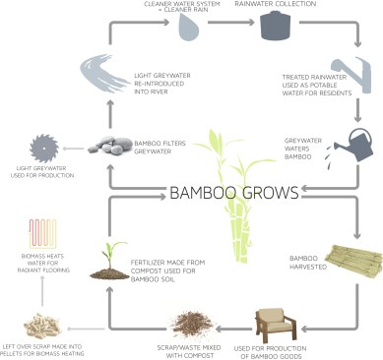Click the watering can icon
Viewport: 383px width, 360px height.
tap(353, 146)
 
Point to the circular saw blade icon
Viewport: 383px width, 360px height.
tap(44, 149)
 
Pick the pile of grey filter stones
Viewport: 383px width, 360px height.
tap(109, 145)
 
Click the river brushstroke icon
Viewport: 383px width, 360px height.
tap(102, 73)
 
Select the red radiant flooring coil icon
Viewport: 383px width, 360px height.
tap(42, 233)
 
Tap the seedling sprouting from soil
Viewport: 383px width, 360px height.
tap(109, 262)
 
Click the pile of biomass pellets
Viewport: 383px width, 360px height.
tap(42, 325)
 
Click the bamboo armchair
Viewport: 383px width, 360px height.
tap(276, 324)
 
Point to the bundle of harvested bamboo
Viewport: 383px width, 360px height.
tap(355, 261)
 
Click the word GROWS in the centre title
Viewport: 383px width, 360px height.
tap(271, 193)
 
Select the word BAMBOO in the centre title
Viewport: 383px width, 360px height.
tap(204, 193)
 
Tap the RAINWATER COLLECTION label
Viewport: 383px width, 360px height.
tap(275, 4)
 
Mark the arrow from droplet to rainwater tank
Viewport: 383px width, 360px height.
tap(231, 23)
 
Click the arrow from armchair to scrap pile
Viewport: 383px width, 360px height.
tap(234, 329)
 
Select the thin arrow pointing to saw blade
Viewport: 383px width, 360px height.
tap(73, 149)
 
